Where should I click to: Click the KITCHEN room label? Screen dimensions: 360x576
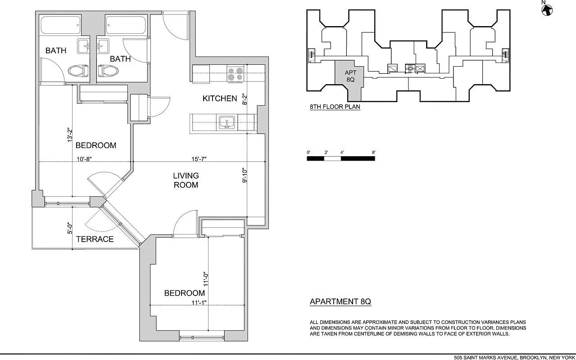pos(219,99)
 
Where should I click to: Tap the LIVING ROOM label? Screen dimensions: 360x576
pos(186,180)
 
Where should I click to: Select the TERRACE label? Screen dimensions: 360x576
pos(95,239)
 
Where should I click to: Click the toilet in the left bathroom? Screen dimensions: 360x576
pos(77,71)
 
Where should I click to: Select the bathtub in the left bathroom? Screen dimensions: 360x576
pos(60,25)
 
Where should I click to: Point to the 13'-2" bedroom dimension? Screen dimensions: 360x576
pos(70,135)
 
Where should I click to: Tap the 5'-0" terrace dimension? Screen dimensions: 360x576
pos(70,229)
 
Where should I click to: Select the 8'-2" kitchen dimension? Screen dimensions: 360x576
pos(245,99)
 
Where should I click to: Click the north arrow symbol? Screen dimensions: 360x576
pos(547,9)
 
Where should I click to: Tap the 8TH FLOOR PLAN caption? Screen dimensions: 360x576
pos(335,107)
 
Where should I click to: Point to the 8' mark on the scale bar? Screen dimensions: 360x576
pos(373,153)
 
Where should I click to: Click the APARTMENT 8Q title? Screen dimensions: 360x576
pos(340,301)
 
